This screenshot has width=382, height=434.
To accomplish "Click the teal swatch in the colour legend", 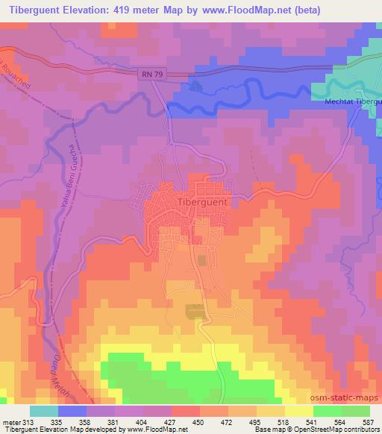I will pos(44,410).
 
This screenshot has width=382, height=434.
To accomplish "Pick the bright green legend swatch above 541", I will pos(328,410).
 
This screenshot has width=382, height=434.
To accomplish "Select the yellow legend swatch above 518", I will pos(271,410).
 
